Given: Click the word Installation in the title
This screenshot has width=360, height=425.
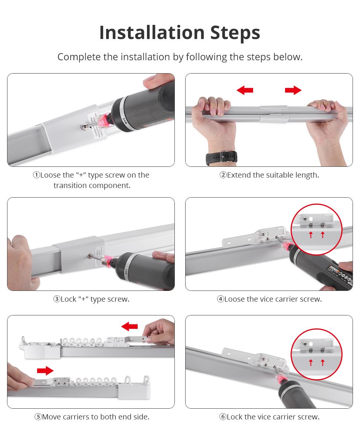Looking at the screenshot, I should pos(151,33).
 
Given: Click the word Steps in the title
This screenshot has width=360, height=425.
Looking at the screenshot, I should pos(235,33).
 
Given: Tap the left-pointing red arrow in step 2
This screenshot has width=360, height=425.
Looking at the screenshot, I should pos(245,90).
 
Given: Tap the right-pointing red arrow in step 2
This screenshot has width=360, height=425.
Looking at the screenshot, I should pos(293,90).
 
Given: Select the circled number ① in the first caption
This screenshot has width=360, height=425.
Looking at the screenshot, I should pos(36,175).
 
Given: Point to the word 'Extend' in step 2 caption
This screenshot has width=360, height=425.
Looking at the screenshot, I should pos(239,175).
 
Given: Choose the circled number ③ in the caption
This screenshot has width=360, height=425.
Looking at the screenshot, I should pos(57,299).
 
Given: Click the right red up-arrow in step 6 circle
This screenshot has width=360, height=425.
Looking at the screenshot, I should pos(323,362).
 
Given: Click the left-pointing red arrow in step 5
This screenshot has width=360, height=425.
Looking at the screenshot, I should pos(130,327).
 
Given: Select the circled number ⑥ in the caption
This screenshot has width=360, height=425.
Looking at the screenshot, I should pos(223,417).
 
